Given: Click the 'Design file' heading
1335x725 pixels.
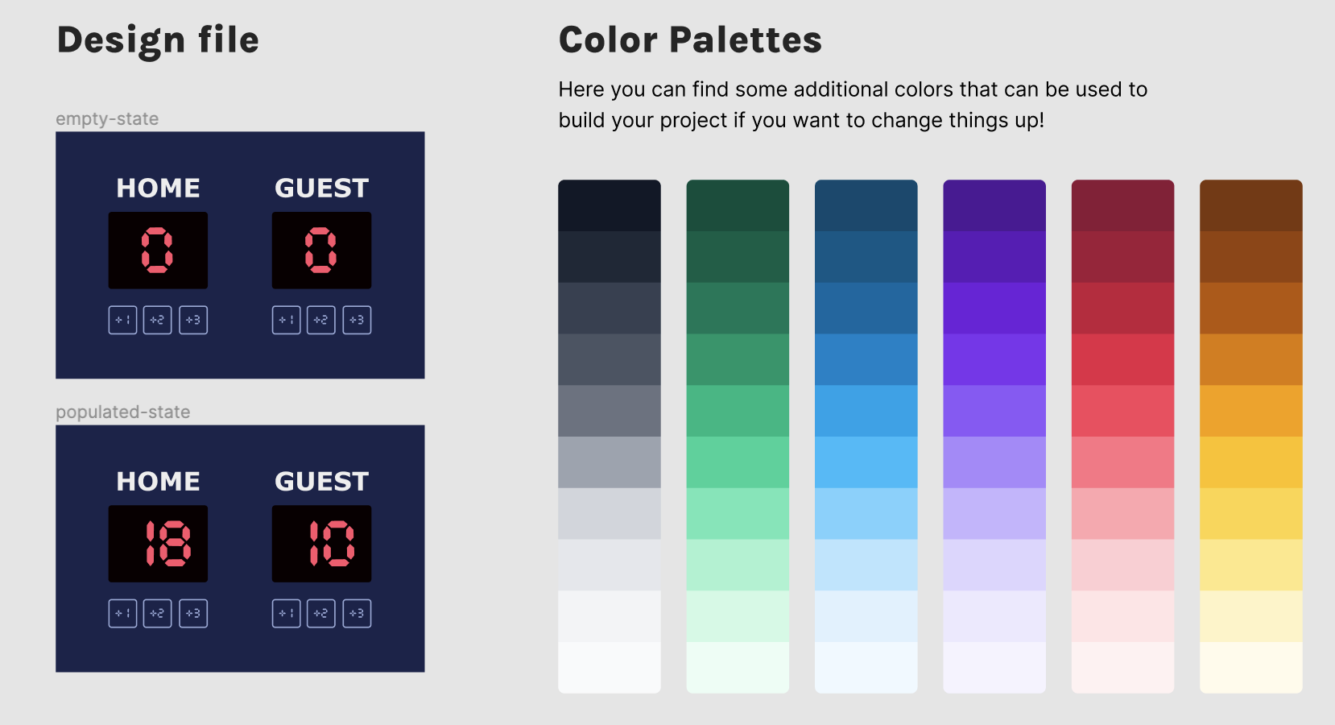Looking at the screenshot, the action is pyautogui.click(x=158, y=40).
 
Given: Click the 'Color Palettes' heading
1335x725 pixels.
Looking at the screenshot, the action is pyautogui.click(x=690, y=40).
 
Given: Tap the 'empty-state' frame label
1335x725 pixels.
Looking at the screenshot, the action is pyautogui.click(x=107, y=118).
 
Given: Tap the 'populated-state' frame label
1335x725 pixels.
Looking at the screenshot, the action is pyautogui.click(x=122, y=412).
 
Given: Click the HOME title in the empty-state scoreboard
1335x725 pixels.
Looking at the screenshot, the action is pyautogui.click(x=158, y=188).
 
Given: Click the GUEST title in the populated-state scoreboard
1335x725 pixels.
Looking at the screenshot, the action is pyautogui.click(x=322, y=481).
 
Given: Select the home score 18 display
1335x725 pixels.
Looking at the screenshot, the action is pyautogui.click(x=158, y=544).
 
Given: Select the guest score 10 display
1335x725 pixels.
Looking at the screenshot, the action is pyautogui.click(x=322, y=544).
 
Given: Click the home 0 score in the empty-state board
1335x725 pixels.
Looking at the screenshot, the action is pyautogui.click(x=158, y=251).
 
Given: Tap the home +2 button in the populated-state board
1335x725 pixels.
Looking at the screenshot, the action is pyautogui.click(x=157, y=614).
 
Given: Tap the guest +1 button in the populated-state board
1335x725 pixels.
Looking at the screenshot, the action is pyautogui.click(x=286, y=614).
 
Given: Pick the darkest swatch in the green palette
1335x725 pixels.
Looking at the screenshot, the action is pyautogui.click(x=738, y=205).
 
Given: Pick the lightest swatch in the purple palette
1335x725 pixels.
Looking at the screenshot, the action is pyautogui.click(x=994, y=668).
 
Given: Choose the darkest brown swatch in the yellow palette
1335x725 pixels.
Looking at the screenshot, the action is pyautogui.click(x=1251, y=205).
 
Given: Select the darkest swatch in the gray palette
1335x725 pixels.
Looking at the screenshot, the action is pyautogui.click(x=609, y=205).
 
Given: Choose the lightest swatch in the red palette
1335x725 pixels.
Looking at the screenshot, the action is pyautogui.click(x=1122, y=668).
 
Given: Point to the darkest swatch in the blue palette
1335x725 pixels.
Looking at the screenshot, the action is pyautogui.click(x=866, y=205).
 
